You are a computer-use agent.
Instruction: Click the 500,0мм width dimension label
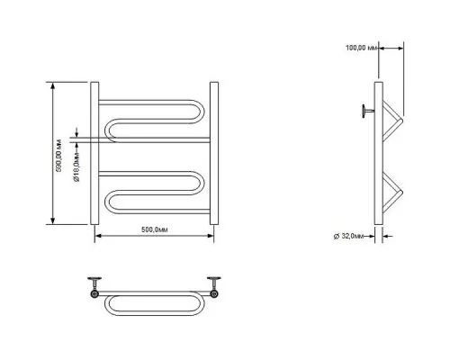(x=155, y=229)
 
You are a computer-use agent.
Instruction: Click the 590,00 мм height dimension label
(x=59, y=156)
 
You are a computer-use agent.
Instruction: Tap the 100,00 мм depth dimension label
(x=361, y=48)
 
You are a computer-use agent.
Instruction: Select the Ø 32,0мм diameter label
(x=349, y=236)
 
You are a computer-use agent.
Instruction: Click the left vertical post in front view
(x=94, y=153)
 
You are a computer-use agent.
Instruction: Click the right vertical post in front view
(x=214, y=153)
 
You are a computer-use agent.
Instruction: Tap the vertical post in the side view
(x=379, y=153)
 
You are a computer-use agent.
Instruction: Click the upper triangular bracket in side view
(x=393, y=120)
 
